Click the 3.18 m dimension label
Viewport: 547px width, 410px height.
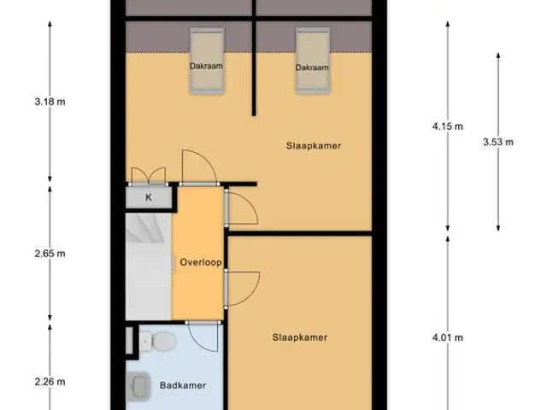click(50, 102)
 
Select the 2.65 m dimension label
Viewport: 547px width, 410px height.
click(50, 254)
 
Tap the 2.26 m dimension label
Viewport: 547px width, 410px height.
click(50, 382)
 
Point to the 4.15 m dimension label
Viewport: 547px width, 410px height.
click(448, 126)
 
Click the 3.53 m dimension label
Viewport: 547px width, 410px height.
click(498, 142)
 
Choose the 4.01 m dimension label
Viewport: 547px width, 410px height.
click(448, 337)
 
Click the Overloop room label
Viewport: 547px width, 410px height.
click(201, 262)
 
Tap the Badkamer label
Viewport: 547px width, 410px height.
click(183, 385)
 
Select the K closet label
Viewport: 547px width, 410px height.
click(148, 197)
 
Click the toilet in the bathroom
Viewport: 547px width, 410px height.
click(158, 341)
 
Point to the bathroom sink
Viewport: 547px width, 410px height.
click(138, 386)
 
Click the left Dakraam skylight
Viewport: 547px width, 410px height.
click(207, 61)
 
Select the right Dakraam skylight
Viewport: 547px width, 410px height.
click(313, 61)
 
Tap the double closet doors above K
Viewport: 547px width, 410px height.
click(148, 176)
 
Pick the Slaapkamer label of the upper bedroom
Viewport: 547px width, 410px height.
click(314, 146)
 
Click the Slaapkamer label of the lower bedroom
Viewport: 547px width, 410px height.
click(300, 337)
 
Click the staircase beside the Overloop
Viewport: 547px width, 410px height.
click(149, 266)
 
